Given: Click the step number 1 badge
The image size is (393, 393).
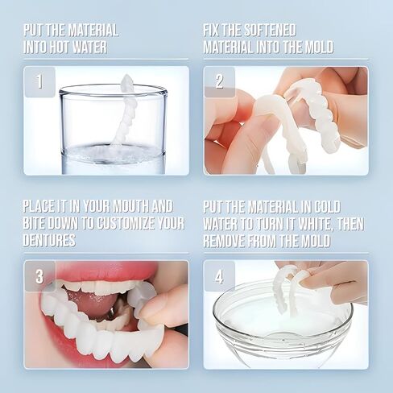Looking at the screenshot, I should (x=40, y=81).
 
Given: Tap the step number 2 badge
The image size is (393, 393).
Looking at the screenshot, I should (x=220, y=81).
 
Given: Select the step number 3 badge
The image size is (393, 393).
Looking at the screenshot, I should (x=39, y=275).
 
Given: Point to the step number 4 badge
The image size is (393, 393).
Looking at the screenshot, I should (x=220, y=275).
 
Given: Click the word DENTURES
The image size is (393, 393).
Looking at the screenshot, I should (x=49, y=240).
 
